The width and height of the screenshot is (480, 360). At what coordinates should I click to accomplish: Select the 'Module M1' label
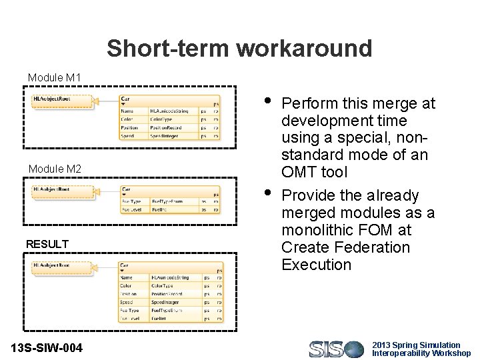(54, 78)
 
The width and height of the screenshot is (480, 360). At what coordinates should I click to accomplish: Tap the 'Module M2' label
(54, 169)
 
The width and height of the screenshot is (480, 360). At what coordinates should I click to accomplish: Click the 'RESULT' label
(47, 245)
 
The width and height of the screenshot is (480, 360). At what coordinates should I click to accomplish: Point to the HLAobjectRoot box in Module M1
(61, 100)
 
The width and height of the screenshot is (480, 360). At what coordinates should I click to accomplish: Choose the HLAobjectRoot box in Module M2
(61, 190)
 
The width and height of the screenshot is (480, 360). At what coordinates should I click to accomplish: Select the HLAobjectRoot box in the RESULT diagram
(61, 266)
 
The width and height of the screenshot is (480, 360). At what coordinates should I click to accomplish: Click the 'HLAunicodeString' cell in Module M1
(170, 111)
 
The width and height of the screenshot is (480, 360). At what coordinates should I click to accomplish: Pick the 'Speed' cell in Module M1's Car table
(128, 136)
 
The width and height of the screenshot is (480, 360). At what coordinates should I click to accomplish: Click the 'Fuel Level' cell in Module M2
(131, 209)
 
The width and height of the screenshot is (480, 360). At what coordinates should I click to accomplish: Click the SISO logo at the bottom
(336, 349)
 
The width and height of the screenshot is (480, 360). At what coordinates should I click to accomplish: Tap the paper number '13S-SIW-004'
(47, 347)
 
